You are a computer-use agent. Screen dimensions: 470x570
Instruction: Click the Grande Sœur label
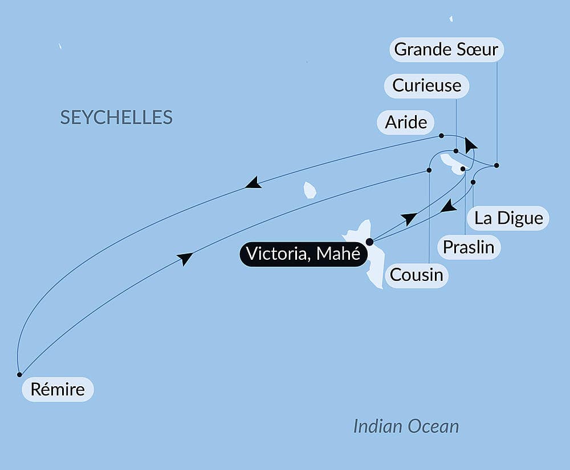click(447, 50)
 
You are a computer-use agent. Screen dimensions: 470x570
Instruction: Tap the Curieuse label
click(426, 85)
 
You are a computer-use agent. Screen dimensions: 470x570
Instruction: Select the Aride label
click(406, 122)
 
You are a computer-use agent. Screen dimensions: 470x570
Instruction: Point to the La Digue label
click(508, 218)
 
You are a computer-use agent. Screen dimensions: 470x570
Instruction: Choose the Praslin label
click(469, 248)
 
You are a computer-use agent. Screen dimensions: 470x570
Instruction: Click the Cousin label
click(416, 275)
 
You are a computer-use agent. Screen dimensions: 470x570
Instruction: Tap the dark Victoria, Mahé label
click(303, 254)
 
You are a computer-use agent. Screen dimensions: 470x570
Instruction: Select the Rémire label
click(57, 390)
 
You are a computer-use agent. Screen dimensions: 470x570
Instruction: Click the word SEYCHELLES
click(116, 117)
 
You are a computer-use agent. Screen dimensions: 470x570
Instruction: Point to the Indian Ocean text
click(406, 426)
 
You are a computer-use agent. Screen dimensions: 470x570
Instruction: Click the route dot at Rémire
click(19, 374)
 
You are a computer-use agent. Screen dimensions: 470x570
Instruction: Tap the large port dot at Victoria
click(369, 242)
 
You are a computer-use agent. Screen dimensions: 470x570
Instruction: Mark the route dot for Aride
click(442, 136)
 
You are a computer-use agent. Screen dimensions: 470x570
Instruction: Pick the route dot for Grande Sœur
click(496, 165)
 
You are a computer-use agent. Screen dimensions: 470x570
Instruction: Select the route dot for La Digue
click(473, 182)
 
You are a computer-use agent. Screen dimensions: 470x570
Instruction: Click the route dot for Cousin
click(429, 170)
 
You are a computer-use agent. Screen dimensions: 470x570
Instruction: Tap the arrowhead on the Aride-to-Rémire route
click(253, 183)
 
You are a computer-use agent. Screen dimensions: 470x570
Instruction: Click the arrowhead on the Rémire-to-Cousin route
click(185, 259)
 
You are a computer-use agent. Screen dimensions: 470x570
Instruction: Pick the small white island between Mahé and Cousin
click(310, 190)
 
